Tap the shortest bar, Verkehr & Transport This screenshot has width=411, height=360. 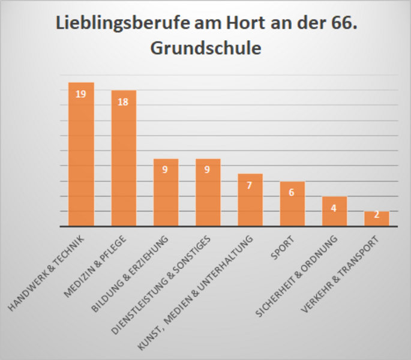pos(377,220)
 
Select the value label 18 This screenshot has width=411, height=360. pos(124,102)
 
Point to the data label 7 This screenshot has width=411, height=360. pos(250,185)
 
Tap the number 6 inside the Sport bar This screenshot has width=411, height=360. pos(292,193)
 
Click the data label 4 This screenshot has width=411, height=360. pos(335,208)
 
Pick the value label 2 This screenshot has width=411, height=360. pos(377,215)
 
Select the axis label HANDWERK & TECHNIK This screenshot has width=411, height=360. pos(47,273)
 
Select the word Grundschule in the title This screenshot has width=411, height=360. pos(206,48)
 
